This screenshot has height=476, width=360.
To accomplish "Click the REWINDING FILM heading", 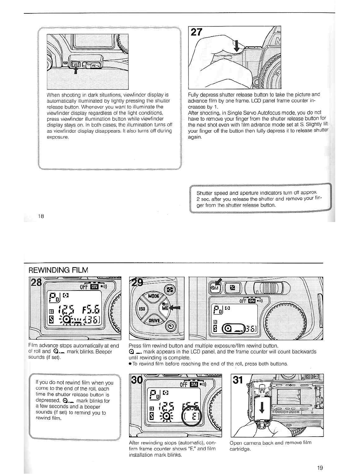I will click(x=58, y=270).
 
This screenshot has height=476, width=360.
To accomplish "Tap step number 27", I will click(x=197, y=32).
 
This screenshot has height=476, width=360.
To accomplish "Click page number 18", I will click(x=41, y=216).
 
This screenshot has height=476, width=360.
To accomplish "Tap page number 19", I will click(x=320, y=468).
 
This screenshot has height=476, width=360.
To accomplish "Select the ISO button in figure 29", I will click(x=142, y=308).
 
